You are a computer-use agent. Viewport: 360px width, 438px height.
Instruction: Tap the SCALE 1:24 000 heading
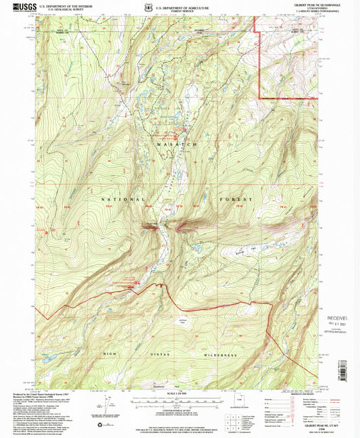(178, 394)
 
